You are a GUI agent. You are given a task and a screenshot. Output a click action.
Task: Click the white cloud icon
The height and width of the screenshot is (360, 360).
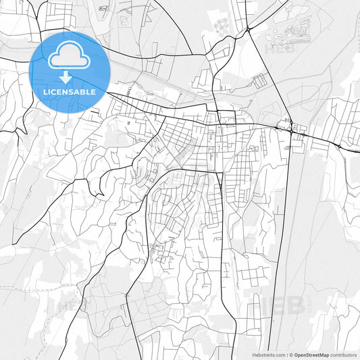[70, 55]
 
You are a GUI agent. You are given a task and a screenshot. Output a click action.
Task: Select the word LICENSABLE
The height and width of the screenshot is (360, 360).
[70, 91]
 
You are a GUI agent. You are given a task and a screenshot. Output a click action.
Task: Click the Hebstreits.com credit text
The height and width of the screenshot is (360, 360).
[267, 354]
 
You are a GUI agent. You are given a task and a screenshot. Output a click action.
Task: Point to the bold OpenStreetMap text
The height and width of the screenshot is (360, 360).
[316, 354]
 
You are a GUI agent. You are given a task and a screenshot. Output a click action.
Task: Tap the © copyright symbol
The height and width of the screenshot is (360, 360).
[291, 354]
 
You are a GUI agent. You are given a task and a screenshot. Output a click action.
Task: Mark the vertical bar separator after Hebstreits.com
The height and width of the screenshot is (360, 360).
[286, 354]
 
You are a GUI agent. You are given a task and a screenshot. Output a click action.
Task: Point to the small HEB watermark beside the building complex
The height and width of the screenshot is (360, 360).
[277, 49]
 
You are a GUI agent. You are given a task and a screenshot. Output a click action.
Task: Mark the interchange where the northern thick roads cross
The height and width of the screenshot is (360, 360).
[249, 30]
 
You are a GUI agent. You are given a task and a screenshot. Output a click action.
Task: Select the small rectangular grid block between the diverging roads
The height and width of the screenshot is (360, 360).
[259, 81]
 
